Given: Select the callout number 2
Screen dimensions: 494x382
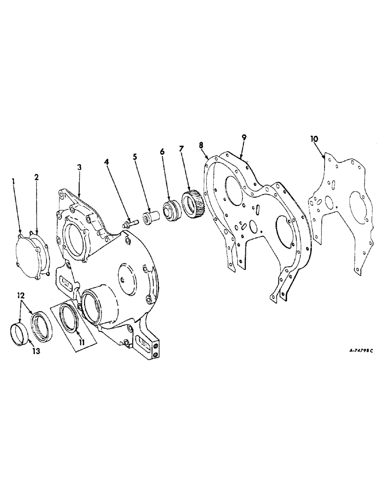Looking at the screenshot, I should click(36, 176).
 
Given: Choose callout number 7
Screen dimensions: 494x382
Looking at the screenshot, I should click(182, 149).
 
